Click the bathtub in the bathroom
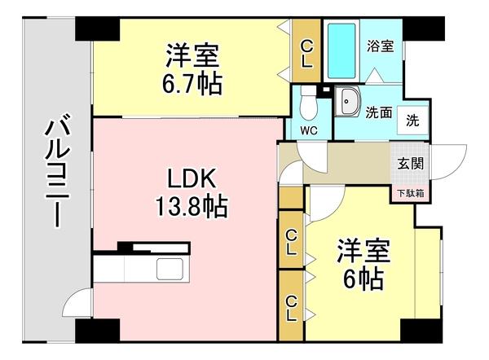tap(341, 48)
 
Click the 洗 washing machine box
tap(413, 121)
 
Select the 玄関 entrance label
tap(410, 163)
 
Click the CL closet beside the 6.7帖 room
tap(306, 52)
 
